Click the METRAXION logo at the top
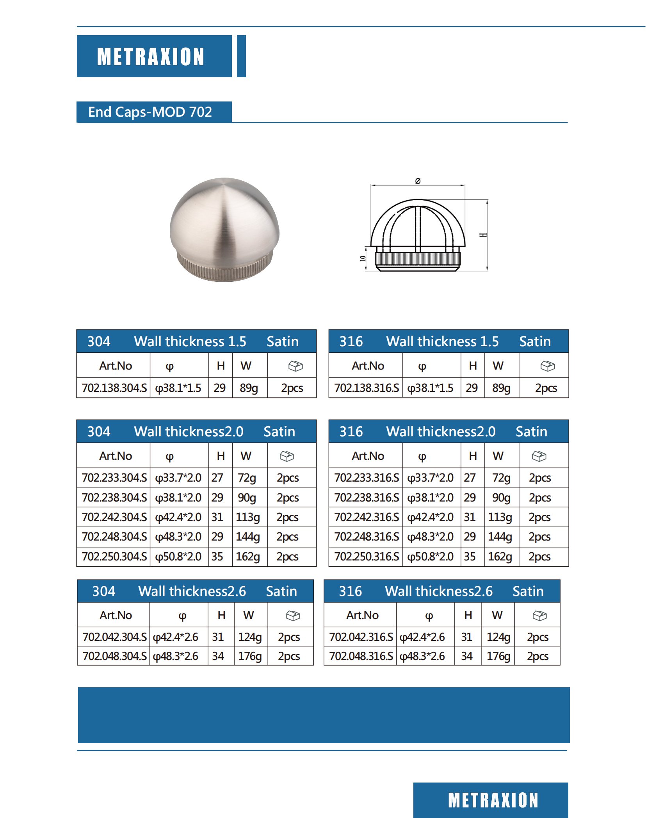(x=151, y=57)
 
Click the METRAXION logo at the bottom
(x=493, y=800)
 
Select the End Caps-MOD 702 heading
(x=150, y=112)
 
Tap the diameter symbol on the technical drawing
(x=418, y=181)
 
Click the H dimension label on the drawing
(x=483, y=235)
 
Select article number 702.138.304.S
(x=114, y=388)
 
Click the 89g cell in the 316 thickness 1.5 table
(x=501, y=388)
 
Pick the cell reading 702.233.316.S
(x=366, y=478)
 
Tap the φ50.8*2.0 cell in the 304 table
(x=178, y=556)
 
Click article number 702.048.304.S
(x=114, y=656)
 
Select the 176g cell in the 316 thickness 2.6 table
(x=498, y=656)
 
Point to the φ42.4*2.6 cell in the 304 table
(x=176, y=637)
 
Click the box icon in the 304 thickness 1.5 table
(x=295, y=366)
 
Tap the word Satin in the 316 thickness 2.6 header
(x=528, y=591)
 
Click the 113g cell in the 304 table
(x=248, y=517)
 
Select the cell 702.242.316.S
(x=366, y=517)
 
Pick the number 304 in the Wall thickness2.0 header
(x=99, y=432)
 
